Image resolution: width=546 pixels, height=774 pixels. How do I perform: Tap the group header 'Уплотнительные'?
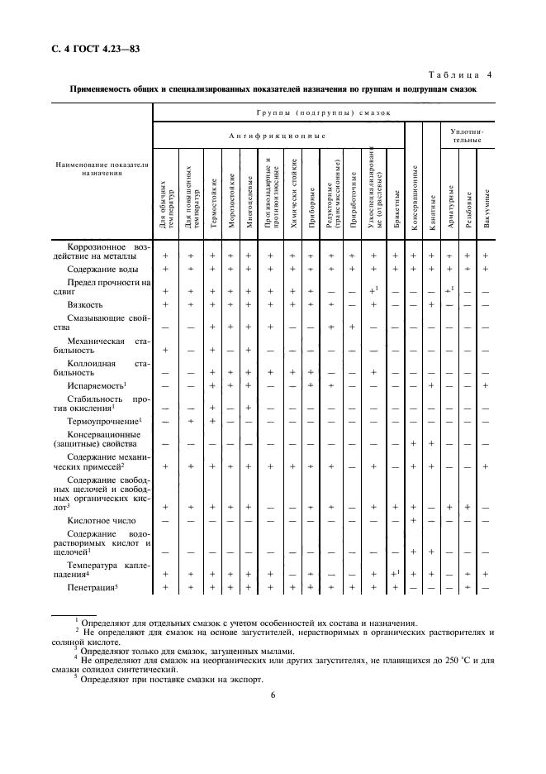click(468, 136)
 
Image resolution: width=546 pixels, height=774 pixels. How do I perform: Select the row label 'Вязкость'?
click(83, 304)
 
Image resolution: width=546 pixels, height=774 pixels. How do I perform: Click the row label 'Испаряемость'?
click(96, 385)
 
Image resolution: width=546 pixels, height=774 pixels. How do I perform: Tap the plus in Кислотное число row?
click(413, 520)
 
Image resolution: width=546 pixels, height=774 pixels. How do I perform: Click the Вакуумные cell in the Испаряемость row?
click(486, 385)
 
